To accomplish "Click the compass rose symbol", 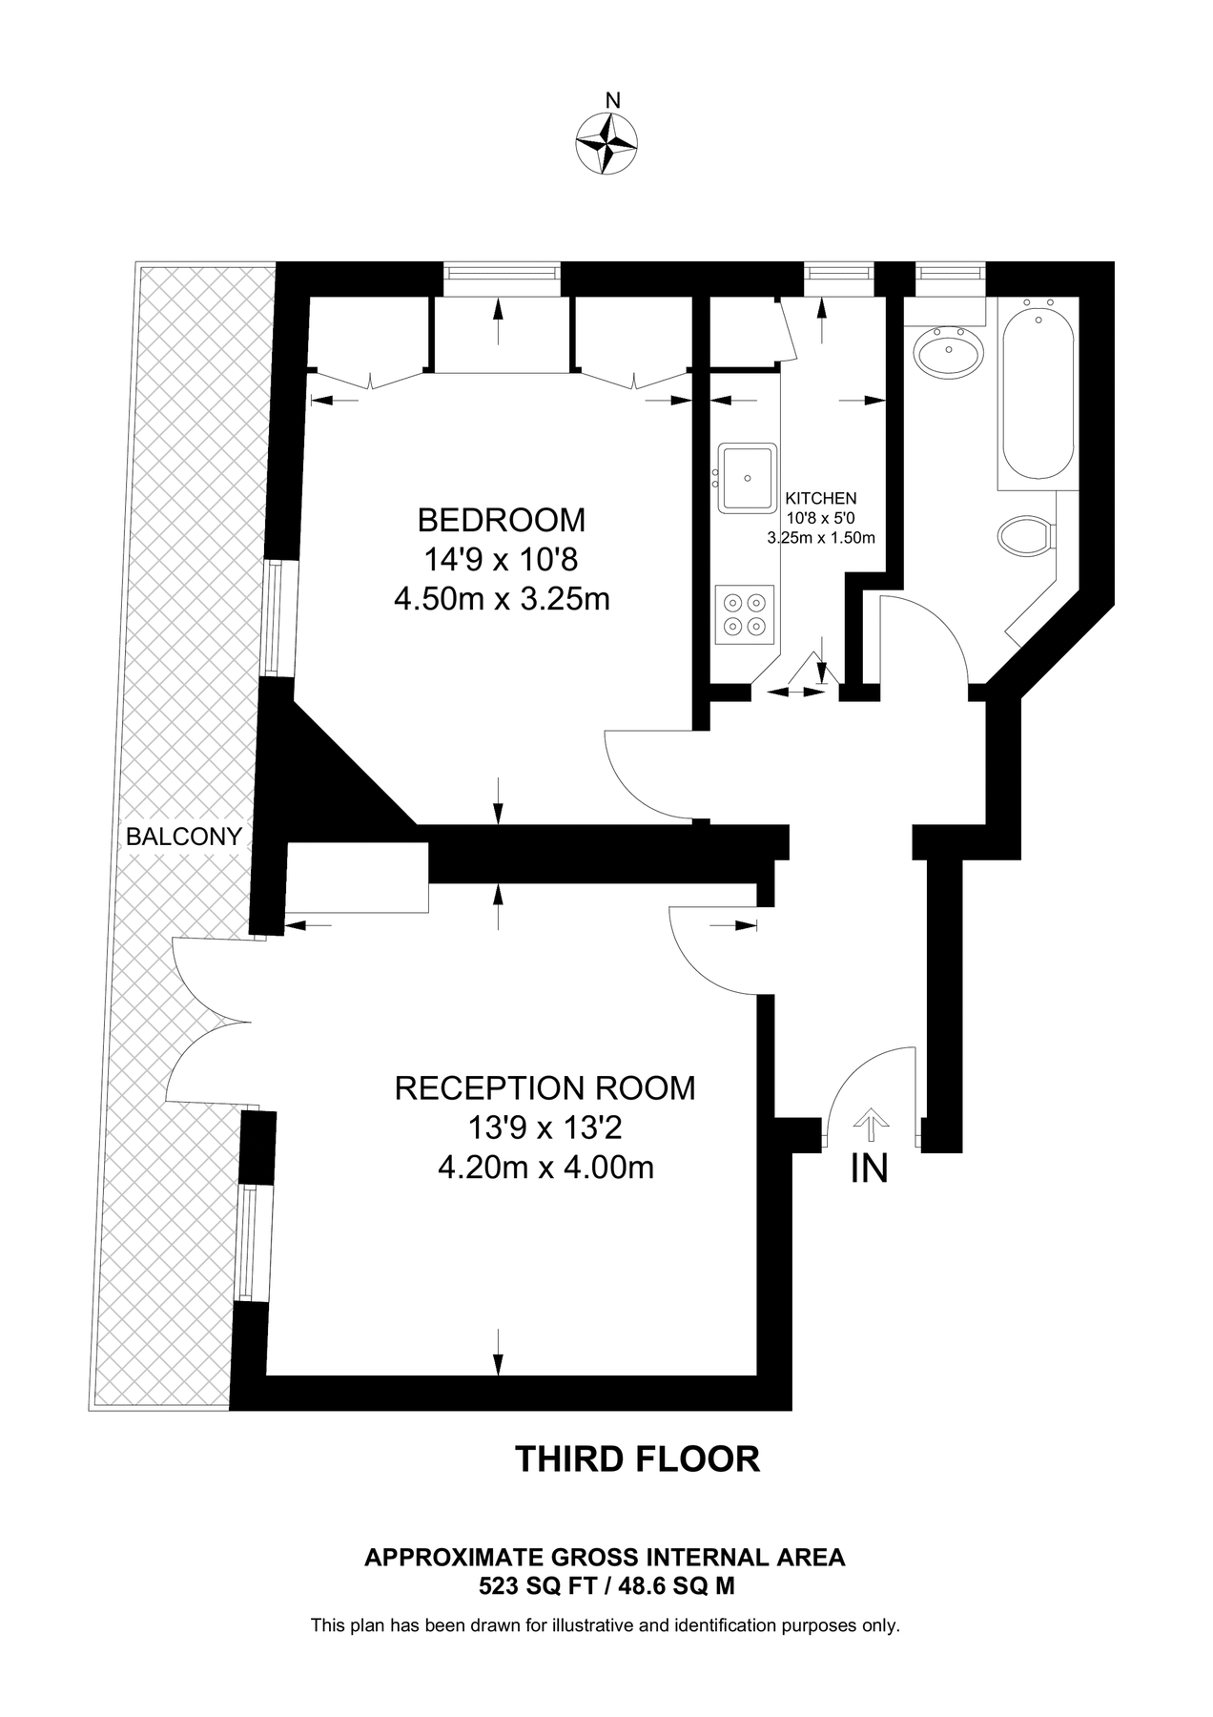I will point(606,143).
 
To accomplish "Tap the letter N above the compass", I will point(613,100).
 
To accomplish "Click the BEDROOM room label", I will point(502,520).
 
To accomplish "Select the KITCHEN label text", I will point(820,498).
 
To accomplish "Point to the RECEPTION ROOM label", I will point(545,1087).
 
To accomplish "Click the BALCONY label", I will point(183,837).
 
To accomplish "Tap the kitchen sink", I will point(747,476).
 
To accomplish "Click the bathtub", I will point(1037,391).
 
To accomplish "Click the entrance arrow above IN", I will point(869,1124).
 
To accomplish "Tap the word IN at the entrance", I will point(869,1169).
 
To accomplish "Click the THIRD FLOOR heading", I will point(637,1459).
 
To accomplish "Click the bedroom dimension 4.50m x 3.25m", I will point(502,599).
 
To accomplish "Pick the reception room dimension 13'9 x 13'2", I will point(545,1128).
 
